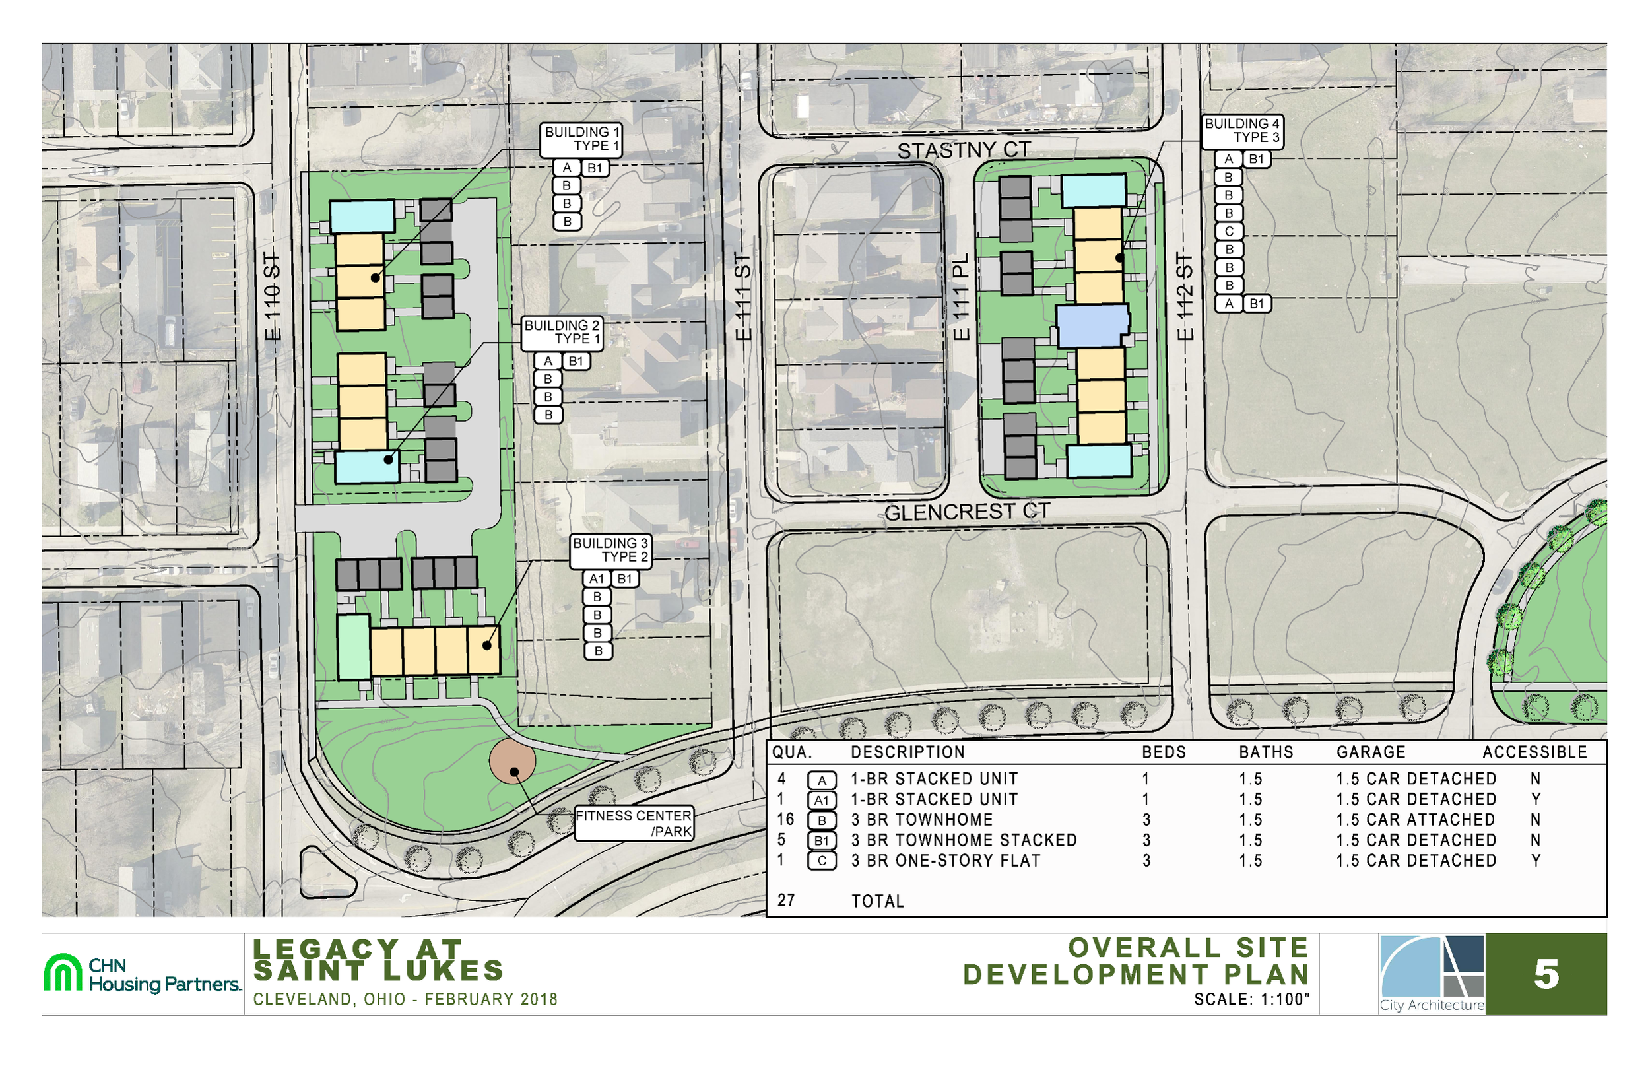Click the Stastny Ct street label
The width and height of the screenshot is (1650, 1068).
click(964, 150)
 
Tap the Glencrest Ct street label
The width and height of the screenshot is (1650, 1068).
click(967, 512)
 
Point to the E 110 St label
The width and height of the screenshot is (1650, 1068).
click(274, 297)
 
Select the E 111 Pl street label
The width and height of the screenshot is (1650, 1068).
click(960, 297)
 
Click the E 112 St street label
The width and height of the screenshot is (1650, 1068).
click(1185, 297)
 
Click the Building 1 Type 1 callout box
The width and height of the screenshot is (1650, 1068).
click(581, 139)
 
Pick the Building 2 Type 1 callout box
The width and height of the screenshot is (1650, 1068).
click(562, 332)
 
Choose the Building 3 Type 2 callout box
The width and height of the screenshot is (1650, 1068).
click(610, 550)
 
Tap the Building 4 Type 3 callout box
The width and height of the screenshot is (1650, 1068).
click(1241, 131)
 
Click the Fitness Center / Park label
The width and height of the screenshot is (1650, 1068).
click(634, 823)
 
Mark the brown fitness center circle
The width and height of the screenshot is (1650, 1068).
click(512, 761)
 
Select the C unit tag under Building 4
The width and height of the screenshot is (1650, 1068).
click(1229, 232)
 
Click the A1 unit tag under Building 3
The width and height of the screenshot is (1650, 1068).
click(597, 579)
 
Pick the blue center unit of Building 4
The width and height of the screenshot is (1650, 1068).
click(1092, 326)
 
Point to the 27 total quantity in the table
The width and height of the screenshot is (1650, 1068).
click(785, 900)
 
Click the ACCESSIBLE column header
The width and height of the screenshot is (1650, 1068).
click(1534, 752)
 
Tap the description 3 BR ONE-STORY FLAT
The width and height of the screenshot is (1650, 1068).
click(946, 861)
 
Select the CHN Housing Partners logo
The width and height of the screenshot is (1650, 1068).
click(143, 974)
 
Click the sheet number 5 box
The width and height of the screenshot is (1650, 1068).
click(1545, 974)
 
